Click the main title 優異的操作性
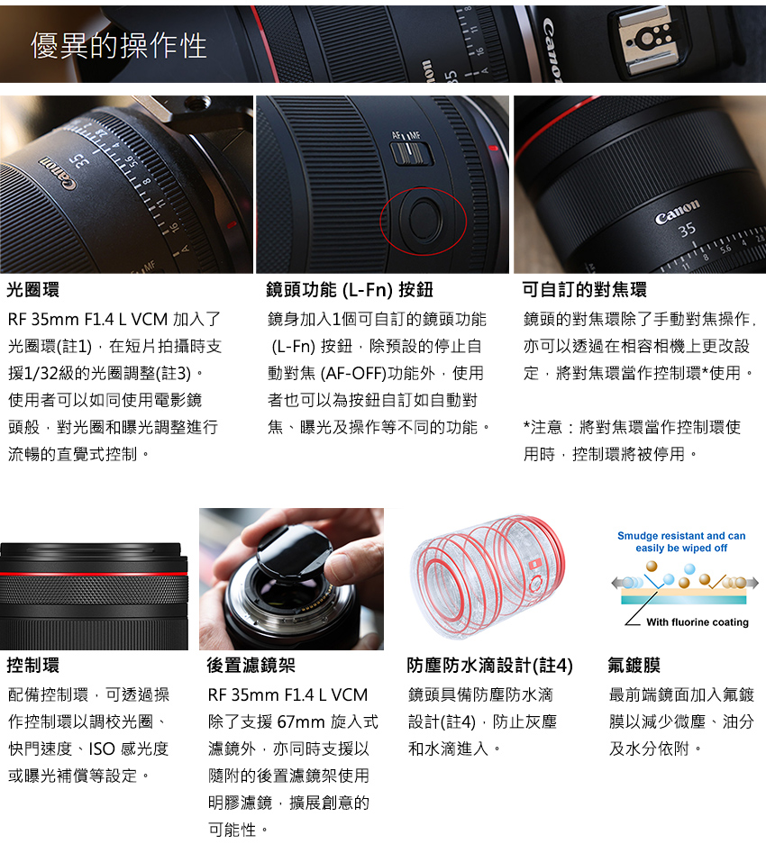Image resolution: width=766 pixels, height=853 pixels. coord(119,46)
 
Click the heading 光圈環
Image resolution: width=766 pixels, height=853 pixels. coord(33,290)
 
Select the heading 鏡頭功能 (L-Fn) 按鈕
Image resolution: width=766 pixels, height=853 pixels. coord(350,290)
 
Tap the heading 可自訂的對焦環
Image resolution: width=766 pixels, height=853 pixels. coord(584,290)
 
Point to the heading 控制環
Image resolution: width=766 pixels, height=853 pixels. coord(33,666)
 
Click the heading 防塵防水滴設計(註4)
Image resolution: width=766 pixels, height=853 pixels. coord(489,666)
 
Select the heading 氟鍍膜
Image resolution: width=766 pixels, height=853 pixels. coord(634,666)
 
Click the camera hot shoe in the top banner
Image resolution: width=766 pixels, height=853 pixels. coord(642,40)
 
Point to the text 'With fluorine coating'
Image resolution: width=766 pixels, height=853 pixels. coord(697,622)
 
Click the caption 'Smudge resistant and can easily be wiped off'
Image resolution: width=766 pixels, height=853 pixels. coord(681,541)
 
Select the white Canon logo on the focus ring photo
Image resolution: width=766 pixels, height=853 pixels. coord(677,216)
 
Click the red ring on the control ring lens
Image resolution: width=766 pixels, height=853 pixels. coord(94,573)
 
